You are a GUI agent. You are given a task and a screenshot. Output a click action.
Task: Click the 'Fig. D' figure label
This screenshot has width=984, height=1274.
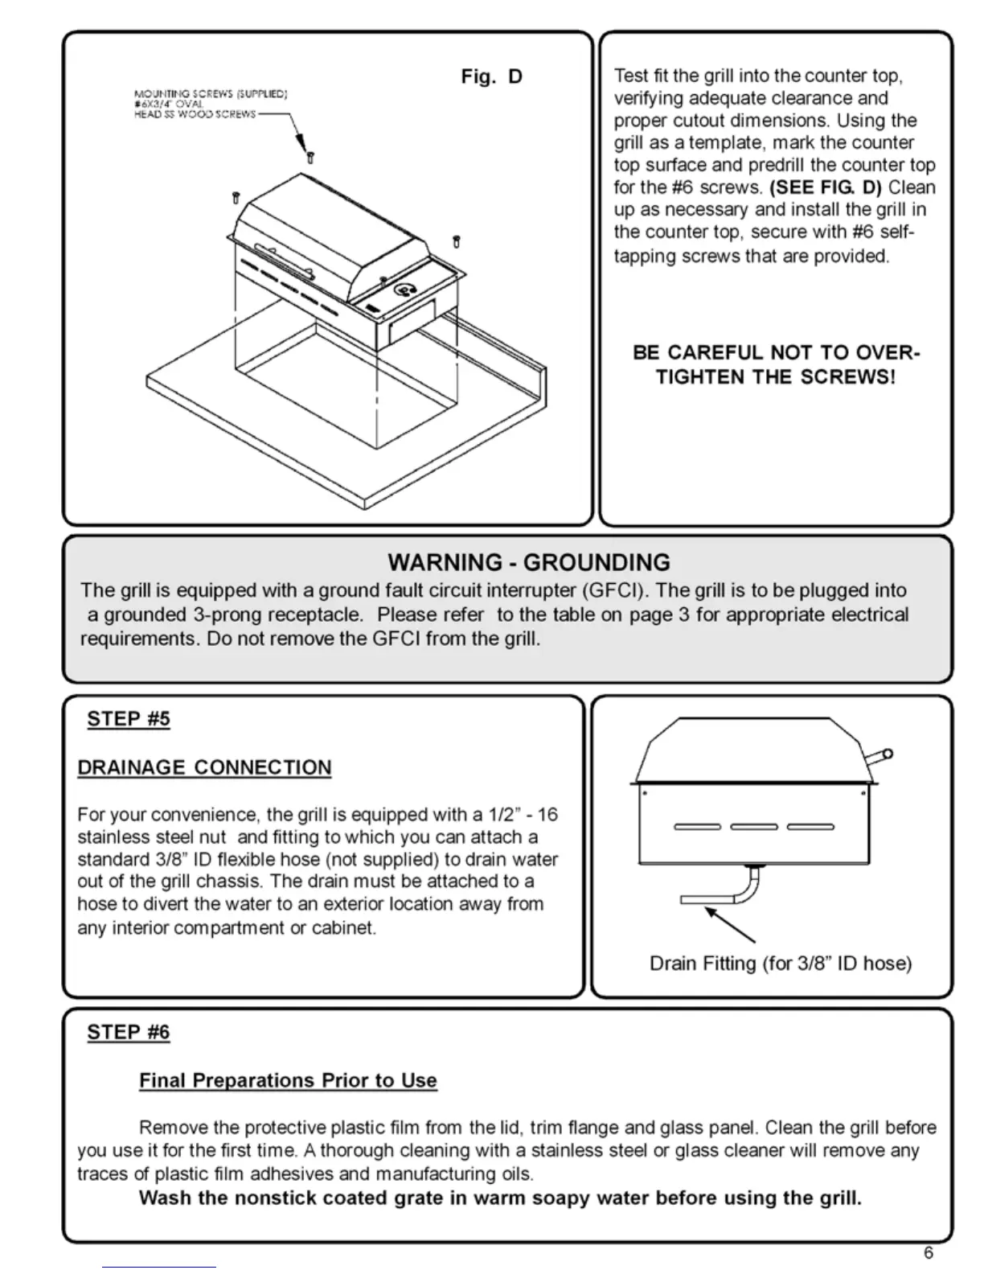[x=491, y=76]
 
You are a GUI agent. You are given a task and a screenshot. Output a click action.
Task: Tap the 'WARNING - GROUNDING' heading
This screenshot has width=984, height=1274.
[x=528, y=562]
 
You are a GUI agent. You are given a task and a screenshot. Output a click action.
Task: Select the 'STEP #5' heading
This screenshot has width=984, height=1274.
[x=129, y=718]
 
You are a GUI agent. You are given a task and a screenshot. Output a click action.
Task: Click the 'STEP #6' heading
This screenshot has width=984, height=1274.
[x=129, y=1032]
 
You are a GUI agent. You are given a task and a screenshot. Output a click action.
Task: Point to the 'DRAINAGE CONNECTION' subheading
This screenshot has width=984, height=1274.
[x=204, y=767]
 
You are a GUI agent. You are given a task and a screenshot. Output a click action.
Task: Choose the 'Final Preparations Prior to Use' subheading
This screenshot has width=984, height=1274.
[x=288, y=1080]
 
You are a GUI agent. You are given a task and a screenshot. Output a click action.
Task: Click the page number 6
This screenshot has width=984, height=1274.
[x=929, y=1252]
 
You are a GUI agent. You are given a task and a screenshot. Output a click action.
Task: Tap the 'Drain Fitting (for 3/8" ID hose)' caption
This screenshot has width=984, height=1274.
[x=780, y=964]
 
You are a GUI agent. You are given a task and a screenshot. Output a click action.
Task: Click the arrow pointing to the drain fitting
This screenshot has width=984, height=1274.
[x=730, y=925]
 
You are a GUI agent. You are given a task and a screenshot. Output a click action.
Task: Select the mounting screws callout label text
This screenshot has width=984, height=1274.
[x=209, y=104]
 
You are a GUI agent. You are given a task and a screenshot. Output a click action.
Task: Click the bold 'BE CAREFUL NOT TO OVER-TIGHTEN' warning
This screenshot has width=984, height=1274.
[x=776, y=364]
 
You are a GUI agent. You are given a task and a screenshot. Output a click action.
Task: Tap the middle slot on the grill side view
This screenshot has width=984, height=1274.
[x=753, y=827]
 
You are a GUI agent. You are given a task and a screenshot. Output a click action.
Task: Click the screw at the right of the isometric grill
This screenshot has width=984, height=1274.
[x=457, y=240]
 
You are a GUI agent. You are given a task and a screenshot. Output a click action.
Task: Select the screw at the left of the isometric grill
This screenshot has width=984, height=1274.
[x=236, y=197]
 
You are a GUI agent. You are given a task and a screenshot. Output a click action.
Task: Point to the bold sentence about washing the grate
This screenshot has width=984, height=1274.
[x=500, y=1198]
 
